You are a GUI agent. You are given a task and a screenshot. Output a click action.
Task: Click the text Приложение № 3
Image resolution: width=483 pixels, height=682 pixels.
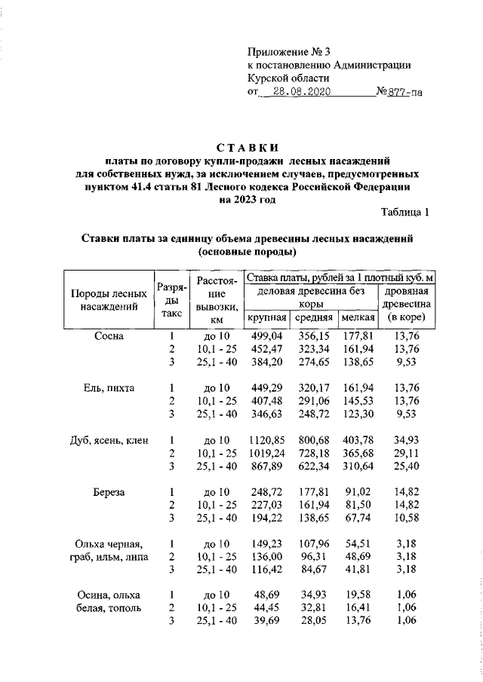pyautogui.click(x=289, y=52)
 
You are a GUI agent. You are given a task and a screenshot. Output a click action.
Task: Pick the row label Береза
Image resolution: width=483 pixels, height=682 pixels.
pyautogui.click(x=109, y=492)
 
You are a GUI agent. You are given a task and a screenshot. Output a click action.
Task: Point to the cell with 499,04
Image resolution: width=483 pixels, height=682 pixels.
pyautogui.click(x=266, y=336)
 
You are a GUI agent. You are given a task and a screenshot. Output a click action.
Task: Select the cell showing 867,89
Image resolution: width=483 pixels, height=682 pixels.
pyautogui.click(x=266, y=466)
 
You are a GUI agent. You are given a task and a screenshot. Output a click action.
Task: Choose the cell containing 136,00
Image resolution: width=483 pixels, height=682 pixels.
pyautogui.click(x=266, y=557)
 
